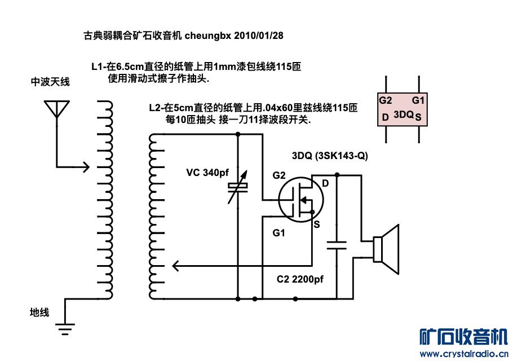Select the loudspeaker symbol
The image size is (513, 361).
tap(386, 244)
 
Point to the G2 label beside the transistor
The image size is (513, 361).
tap(279, 175)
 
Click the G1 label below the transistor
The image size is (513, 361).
tap(279, 232)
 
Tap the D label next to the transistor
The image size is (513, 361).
tap(325, 183)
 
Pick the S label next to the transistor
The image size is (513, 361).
tap(317, 224)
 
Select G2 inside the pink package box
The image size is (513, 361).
tap(386, 100)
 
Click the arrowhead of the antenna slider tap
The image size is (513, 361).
tap(85, 166)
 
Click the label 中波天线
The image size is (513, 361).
tap(50, 82)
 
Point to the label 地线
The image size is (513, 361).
tap(39, 312)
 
